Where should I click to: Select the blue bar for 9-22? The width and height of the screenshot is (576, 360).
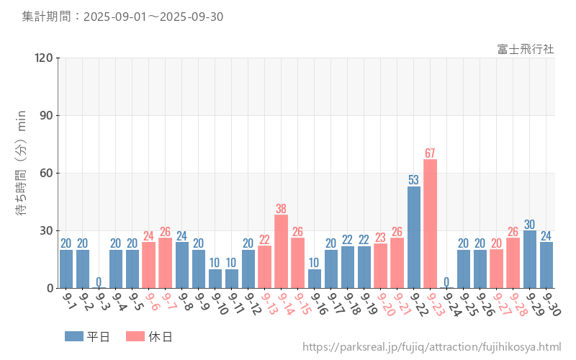(414, 237)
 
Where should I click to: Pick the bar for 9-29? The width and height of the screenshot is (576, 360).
(530, 259)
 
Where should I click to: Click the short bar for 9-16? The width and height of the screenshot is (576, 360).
(314, 279)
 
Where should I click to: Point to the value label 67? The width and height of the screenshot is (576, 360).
(430, 153)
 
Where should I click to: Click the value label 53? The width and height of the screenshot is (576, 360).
(414, 180)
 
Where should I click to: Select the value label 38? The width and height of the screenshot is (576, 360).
(281, 209)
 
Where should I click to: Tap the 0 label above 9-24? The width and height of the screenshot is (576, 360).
(446, 282)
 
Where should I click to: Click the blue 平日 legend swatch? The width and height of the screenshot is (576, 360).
(74, 336)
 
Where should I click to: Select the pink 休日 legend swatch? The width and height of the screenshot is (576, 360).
(135, 336)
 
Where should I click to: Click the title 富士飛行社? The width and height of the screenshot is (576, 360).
(526, 49)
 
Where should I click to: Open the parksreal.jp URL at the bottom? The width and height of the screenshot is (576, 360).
(431, 347)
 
